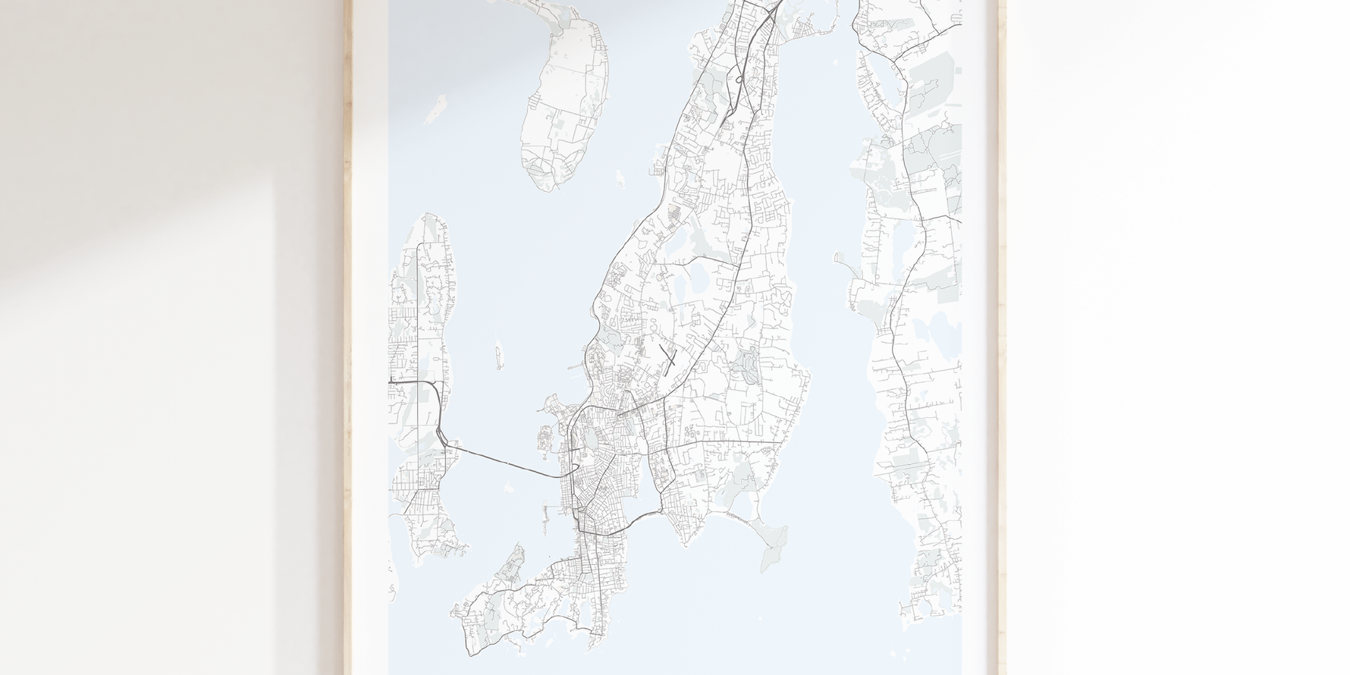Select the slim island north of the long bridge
pos(499,354)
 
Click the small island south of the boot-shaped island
pos(620,181)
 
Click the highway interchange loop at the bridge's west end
pos(441,435)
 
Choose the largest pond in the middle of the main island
pos(696,272)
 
